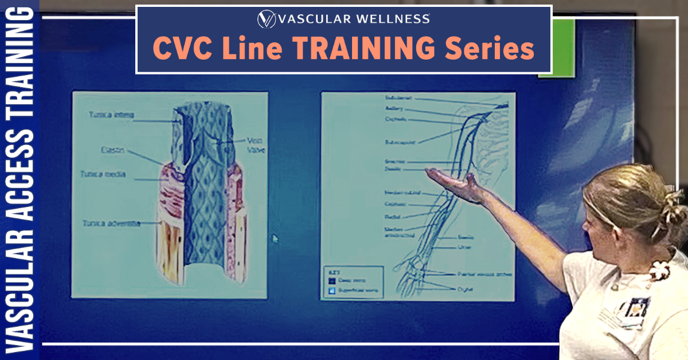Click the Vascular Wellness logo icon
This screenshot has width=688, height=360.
pos(266,19)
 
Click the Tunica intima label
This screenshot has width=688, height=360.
pos(111,115)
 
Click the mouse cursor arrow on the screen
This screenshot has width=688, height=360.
pos(275,238)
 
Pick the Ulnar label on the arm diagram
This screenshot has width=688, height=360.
pos(464,248)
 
